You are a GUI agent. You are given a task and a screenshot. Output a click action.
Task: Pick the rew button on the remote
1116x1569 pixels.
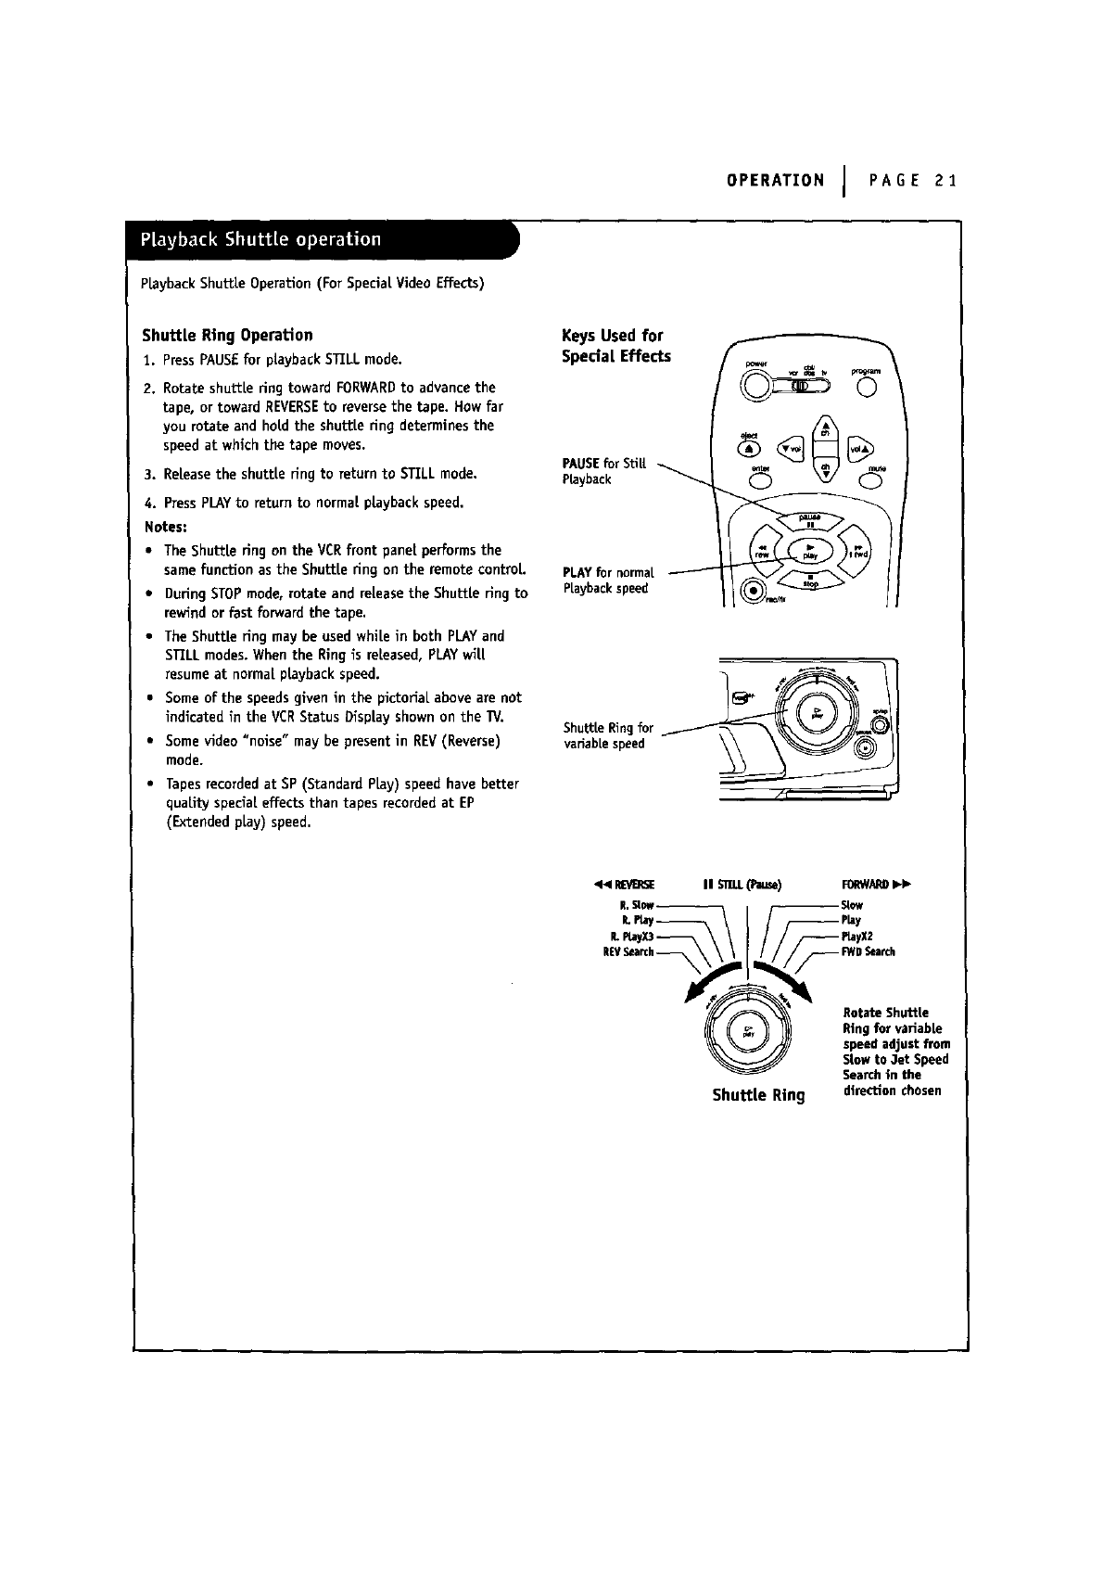pos(763,551)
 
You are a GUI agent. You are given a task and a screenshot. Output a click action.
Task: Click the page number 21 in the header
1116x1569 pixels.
pos(945,180)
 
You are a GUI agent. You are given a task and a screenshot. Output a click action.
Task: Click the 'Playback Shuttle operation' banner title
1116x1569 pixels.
pos(260,239)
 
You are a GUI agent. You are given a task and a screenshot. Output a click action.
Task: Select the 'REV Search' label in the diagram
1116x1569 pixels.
pos(628,951)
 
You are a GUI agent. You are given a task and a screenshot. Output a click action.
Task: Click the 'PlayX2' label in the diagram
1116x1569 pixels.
pos(857,937)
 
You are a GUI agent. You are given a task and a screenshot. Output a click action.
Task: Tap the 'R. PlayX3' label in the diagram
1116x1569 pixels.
pos(630,937)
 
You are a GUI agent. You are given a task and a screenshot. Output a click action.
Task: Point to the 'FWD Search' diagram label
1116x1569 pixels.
pos(868,951)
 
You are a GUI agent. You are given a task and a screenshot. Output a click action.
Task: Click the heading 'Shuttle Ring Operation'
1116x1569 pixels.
pos(227,335)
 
